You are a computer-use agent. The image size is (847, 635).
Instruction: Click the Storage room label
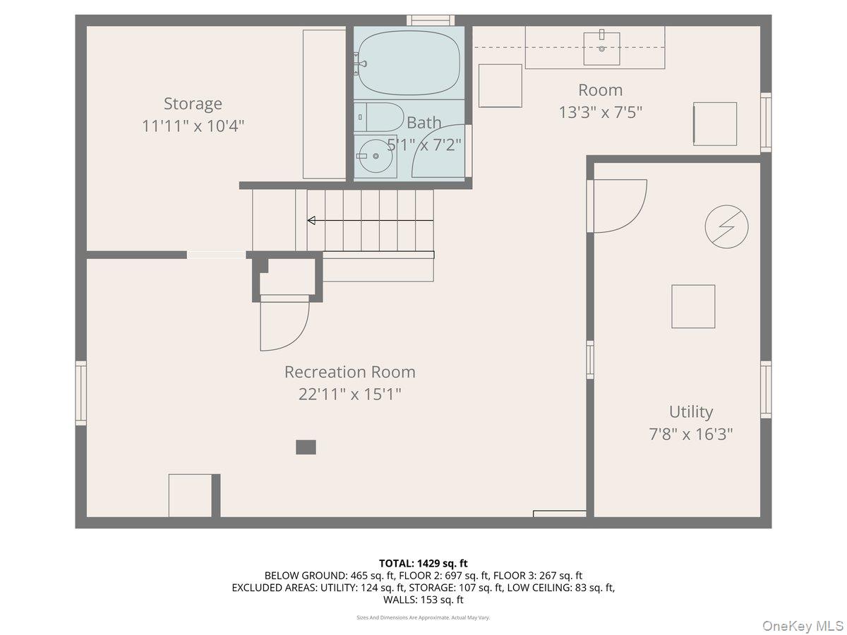pyautogui.click(x=193, y=103)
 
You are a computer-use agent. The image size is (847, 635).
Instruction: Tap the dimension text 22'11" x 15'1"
pyautogui.click(x=349, y=394)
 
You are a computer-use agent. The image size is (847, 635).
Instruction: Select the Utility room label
pyautogui.click(x=691, y=412)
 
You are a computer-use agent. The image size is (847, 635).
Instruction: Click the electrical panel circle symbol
pyautogui.click(x=726, y=226)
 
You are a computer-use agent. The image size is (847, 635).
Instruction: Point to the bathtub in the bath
pyautogui.click(x=409, y=63)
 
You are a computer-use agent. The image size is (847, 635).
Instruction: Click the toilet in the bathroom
pyautogui.click(x=378, y=117)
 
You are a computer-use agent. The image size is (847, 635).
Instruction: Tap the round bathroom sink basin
pyautogui.click(x=376, y=156)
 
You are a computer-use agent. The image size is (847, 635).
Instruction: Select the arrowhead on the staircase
pyautogui.click(x=311, y=221)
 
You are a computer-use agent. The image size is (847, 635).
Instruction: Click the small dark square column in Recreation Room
pyautogui.click(x=306, y=447)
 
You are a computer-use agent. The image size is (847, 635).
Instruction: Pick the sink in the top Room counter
pyautogui.click(x=601, y=49)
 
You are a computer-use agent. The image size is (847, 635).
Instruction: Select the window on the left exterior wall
pyautogui.click(x=81, y=393)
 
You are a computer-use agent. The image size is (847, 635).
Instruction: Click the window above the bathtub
pyautogui.click(x=431, y=20)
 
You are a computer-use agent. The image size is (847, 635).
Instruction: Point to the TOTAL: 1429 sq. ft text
pyautogui.click(x=423, y=563)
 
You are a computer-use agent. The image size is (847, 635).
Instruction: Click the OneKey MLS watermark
pyautogui.click(x=803, y=625)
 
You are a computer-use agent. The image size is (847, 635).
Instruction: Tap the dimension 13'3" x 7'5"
pyautogui.click(x=601, y=112)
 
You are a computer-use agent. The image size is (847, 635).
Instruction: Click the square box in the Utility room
pyautogui.click(x=693, y=306)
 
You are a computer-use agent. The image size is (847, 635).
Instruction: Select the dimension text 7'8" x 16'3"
pyautogui.click(x=691, y=434)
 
